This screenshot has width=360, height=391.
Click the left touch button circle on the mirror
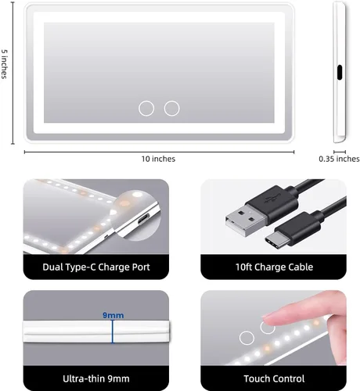click(x=146, y=108)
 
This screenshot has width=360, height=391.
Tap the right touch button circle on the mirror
click(x=171, y=108)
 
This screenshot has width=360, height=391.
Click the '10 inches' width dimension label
click(x=158, y=159)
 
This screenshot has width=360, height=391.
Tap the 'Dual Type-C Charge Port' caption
click(x=96, y=267)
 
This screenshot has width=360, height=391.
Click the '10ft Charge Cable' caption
click(x=273, y=267)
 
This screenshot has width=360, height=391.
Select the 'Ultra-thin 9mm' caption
click(x=96, y=379)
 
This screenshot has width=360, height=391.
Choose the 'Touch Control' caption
click(x=273, y=379)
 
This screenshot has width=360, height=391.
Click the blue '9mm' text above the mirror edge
click(x=113, y=315)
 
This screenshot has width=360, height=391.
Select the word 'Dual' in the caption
click(x=56, y=267)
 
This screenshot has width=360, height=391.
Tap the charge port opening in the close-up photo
click(x=140, y=221)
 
